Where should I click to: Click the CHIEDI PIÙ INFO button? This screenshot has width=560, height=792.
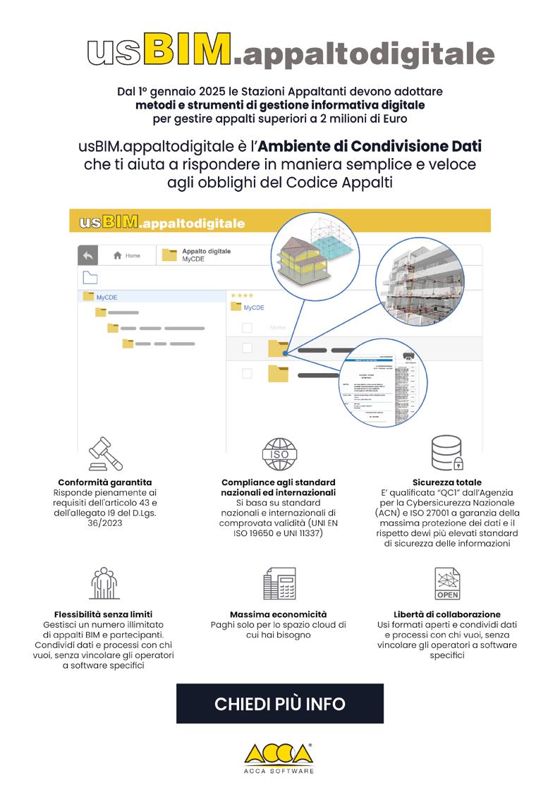click(x=280, y=703)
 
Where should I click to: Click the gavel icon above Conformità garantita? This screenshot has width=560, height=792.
click(x=105, y=453)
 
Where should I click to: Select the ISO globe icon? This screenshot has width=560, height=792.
click(x=280, y=454)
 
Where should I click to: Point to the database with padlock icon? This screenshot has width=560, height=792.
click(x=446, y=453)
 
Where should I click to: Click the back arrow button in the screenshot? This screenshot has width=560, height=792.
click(x=87, y=255)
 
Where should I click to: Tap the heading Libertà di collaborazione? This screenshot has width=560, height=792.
click(x=447, y=614)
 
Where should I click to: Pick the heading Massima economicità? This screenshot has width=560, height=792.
click(x=279, y=614)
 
